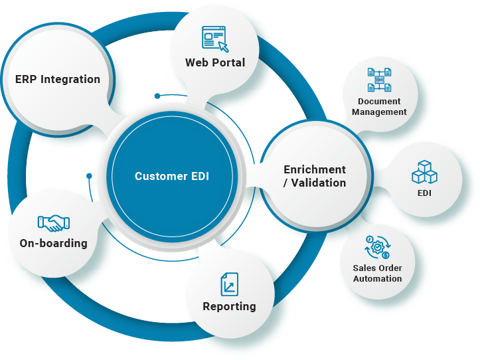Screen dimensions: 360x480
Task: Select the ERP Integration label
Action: pyautogui.click(x=58, y=79)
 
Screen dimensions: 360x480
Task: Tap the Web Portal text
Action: pyautogui.click(x=214, y=62)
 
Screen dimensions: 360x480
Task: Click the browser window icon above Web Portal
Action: pyautogui.click(x=214, y=38)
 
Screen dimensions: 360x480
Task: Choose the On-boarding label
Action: pyautogui.click(x=54, y=243)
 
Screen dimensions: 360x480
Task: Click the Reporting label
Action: pyautogui.click(x=229, y=306)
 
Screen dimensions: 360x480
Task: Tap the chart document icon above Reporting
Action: pyautogui.click(x=229, y=284)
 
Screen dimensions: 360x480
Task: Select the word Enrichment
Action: pyautogui.click(x=315, y=169)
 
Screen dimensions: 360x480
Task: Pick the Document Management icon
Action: pyautogui.click(x=379, y=80)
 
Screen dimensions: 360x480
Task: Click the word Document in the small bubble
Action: pyautogui.click(x=379, y=102)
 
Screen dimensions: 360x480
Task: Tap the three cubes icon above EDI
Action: pyautogui.click(x=424, y=171)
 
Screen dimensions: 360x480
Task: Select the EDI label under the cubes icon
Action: pyautogui.click(x=424, y=194)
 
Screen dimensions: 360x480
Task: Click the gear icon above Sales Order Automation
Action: pyautogui.click(x=377, y=248)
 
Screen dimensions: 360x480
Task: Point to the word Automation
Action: pyautogui.click(x=377, y=278)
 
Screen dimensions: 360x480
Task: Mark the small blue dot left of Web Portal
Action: pyautogui.click(x=157, y=96)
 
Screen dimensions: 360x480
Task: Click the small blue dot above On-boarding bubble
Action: pyautogui.click(x=89, y=176)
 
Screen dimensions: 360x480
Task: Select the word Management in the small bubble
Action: pyautogui.click(x=379, y=112)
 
